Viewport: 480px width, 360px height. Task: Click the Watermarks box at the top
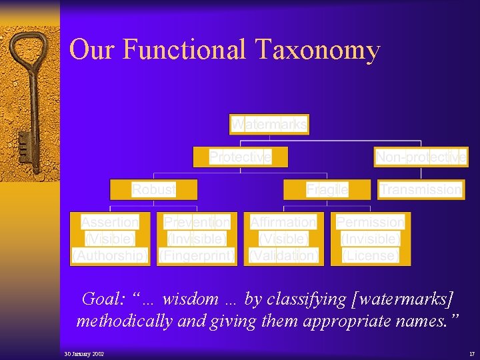(269, 124)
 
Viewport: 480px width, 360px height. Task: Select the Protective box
(240, 157)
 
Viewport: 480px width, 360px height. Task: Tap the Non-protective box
(421, 157)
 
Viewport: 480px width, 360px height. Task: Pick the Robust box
(154, 189)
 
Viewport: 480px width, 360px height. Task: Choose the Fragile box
(327, 189)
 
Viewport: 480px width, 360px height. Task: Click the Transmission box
(421, 189)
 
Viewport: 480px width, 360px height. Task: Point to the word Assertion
(110, 222)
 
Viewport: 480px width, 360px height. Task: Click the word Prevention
(197, 222)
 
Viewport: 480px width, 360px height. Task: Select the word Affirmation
(283, 222)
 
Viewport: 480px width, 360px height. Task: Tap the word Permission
(370, 222)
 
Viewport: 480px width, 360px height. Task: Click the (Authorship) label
(110, 255)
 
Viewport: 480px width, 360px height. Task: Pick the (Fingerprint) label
(197, 255)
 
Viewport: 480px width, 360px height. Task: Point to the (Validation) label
(283, 255)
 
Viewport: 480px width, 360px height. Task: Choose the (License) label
(370, 255)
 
